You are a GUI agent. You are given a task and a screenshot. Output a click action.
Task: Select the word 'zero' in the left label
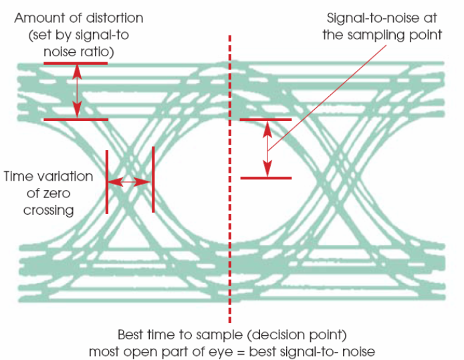(x=57, y=193)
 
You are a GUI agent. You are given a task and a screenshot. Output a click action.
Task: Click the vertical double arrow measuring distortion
(x=78, y=91)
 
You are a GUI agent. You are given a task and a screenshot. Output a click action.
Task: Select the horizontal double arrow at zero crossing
(x=130, y=181)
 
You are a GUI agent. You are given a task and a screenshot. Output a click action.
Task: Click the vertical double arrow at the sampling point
(x=267, y=149)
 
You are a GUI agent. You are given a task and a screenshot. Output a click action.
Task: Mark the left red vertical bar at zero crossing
(x=106, y=181)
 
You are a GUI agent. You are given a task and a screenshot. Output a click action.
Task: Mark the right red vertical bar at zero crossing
(x=153, y=179)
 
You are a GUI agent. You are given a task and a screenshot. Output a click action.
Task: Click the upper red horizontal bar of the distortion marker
(x=75, y=64)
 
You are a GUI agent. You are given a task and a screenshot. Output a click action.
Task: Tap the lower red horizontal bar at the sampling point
(x=265, y=177)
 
